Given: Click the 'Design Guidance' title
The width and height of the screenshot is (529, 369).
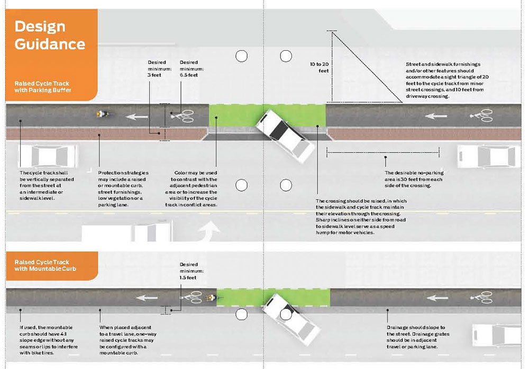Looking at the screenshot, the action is point(50,35).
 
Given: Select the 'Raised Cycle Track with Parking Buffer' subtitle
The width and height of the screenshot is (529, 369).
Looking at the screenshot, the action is point(42,87).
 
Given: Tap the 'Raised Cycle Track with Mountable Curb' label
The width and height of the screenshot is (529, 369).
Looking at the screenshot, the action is point(45,265).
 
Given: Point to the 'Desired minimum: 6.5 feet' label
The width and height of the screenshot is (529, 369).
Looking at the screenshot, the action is point(191,68).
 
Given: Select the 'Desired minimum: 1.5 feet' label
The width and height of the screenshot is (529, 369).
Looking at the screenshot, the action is point(191,271).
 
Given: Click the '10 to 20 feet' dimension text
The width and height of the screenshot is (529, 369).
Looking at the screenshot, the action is point(319,67).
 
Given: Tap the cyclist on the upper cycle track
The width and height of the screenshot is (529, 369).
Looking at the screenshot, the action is point(102,114).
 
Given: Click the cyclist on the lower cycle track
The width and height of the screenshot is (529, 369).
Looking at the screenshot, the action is point(211,298).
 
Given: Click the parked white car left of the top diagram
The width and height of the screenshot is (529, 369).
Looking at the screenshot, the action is point(48,156).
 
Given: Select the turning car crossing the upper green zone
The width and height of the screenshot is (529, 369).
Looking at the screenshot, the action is point(286,135).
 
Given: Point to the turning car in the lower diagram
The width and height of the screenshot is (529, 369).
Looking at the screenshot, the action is point(291,319).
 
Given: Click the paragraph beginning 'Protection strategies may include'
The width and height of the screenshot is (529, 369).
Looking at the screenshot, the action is point(123,188).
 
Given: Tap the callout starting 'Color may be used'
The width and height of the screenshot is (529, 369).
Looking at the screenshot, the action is point(191,188).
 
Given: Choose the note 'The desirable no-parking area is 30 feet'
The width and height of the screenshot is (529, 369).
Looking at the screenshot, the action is point(414,179).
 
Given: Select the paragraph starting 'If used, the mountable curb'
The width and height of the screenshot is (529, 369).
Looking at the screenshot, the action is point(49,340).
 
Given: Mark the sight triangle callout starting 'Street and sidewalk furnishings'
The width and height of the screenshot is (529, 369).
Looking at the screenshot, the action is point(447,80).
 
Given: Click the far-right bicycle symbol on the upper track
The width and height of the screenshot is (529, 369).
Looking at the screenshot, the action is point(481,115).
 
